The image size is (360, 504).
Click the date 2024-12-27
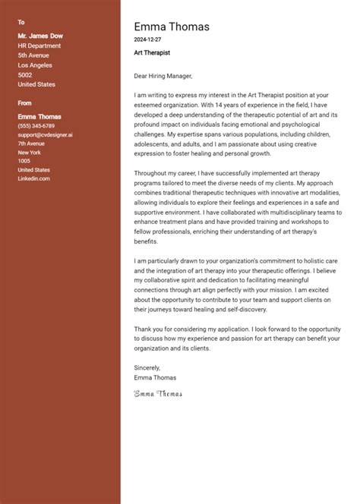click(149, 39)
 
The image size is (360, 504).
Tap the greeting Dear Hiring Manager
click(163, 76)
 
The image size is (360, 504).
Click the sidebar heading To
click(21, 22)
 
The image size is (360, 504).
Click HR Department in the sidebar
click(39, 45)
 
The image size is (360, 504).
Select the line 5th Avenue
click(33, 55)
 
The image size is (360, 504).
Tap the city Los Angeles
click(36, 65)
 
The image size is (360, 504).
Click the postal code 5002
click(25, 76)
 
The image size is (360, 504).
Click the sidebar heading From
click(25, 102)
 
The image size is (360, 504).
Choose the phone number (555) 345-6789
click(36, 126)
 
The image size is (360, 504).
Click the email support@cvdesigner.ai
click(45, 134)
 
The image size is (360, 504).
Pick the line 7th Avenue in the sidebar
click(32, 143)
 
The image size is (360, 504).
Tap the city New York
click(30, 153)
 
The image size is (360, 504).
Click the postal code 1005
click(24, 161)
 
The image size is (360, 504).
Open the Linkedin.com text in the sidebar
click(33, 178)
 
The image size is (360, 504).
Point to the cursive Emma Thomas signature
click(158, 393)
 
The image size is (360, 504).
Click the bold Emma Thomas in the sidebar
click(39, 116)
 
